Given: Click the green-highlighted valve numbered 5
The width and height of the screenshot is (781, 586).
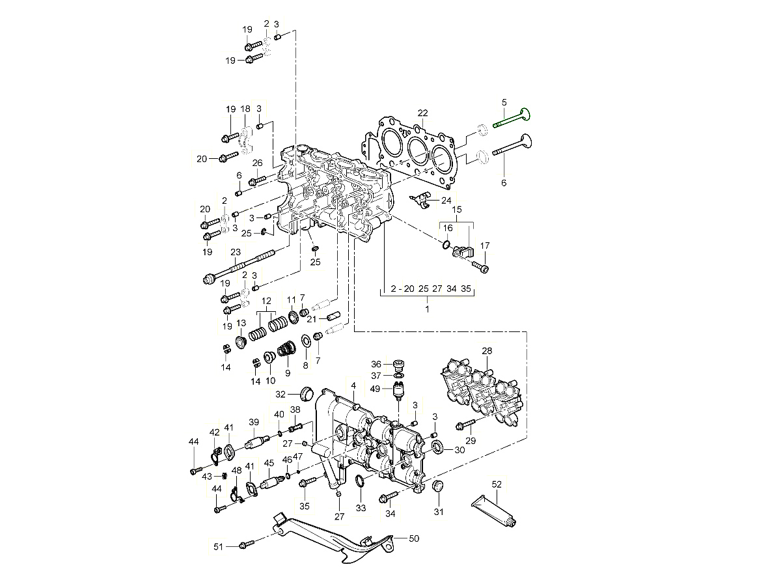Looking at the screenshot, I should point(513,119).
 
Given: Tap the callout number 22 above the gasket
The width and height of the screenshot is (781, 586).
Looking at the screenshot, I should point(422,113).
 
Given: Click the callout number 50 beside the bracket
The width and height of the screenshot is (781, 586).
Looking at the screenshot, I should point(415,538).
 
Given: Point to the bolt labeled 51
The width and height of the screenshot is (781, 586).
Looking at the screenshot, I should point(245,544).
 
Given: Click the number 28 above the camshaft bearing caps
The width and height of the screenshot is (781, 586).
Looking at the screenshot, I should point(487,352).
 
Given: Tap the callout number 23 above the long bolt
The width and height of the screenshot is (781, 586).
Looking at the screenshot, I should point(235,252).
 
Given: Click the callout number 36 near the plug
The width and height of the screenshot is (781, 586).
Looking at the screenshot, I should point(377,364).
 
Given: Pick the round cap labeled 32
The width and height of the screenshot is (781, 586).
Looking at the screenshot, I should point(305,393).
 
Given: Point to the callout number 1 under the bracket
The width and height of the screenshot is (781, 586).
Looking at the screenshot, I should point(427,309).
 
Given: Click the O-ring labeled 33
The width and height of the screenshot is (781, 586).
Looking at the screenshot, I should point(360,481).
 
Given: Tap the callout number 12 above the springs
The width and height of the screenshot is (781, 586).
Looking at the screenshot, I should point(266,301).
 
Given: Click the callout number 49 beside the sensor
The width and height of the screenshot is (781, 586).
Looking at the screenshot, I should point(376,389).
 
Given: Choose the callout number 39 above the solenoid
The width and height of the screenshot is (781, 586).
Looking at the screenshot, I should point(254,422).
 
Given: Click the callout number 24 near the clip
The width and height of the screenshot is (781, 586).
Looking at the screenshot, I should point(446,201).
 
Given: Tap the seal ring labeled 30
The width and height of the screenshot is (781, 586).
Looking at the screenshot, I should point(439,447).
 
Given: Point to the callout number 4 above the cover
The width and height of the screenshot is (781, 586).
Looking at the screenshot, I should point(353,385).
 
